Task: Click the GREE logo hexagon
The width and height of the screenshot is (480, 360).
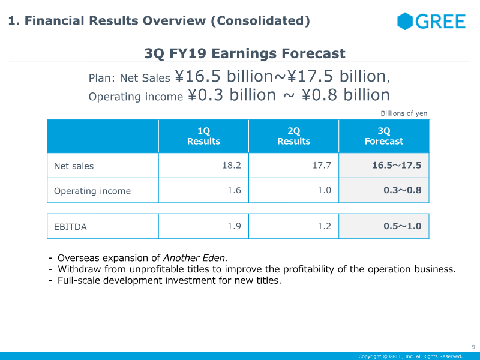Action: click(x=404, y=21)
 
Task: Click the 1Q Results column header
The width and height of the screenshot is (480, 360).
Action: click(x=203, y=136)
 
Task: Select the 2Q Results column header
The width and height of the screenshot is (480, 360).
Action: click(x=293, y=136)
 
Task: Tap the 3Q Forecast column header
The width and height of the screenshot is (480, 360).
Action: click(x=384, y=136)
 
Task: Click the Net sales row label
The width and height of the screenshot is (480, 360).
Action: click(x=74, y=166)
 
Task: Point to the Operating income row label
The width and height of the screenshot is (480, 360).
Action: click(x=92, y=191)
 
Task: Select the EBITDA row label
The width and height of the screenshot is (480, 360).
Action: click(x=70, y=227)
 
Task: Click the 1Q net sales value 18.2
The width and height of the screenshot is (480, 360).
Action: click(x=232, y=166)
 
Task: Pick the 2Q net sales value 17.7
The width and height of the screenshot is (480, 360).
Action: click(x=322, y=166)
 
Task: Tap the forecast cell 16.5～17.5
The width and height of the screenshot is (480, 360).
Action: click(x=397, y=166)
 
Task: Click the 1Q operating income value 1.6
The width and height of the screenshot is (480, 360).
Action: click(x=234, y=190)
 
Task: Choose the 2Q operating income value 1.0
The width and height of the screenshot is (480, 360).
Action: click(x=325, y=190)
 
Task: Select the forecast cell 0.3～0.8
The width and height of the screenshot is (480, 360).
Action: click(x=403, y=190)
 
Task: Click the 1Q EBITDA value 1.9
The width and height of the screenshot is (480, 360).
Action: click(x=234, y=226)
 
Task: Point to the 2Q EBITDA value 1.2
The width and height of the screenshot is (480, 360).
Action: click(x=325, y=226)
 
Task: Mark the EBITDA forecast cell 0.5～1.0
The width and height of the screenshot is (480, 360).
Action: click(x=403, y=226)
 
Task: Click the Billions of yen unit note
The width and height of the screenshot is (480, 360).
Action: click(x=404, y=113)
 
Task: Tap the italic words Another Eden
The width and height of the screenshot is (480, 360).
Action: click(x=196, y=258)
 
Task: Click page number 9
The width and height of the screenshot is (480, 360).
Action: click(x=473, y=347)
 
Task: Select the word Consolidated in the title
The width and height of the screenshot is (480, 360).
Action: click(x=260, y=20)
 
